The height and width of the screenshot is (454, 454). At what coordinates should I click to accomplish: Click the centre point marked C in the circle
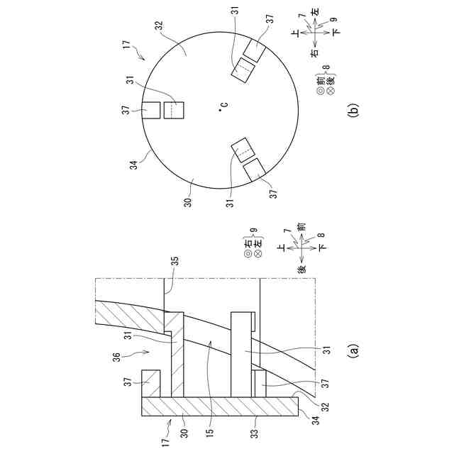click(x=220, y=110)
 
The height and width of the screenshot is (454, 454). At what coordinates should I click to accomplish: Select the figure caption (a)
click(x=354, y=351)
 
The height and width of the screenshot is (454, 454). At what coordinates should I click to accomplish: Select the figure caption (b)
click(x=354, y=109)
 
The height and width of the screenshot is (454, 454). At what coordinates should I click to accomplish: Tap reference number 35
click(x=175, y=261)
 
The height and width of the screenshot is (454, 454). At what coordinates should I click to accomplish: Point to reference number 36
click(x=117, y=358)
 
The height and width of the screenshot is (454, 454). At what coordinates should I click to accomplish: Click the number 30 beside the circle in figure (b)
click(x=188, y=202)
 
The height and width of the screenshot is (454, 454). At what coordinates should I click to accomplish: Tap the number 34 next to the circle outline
click(x=133, y=165)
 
